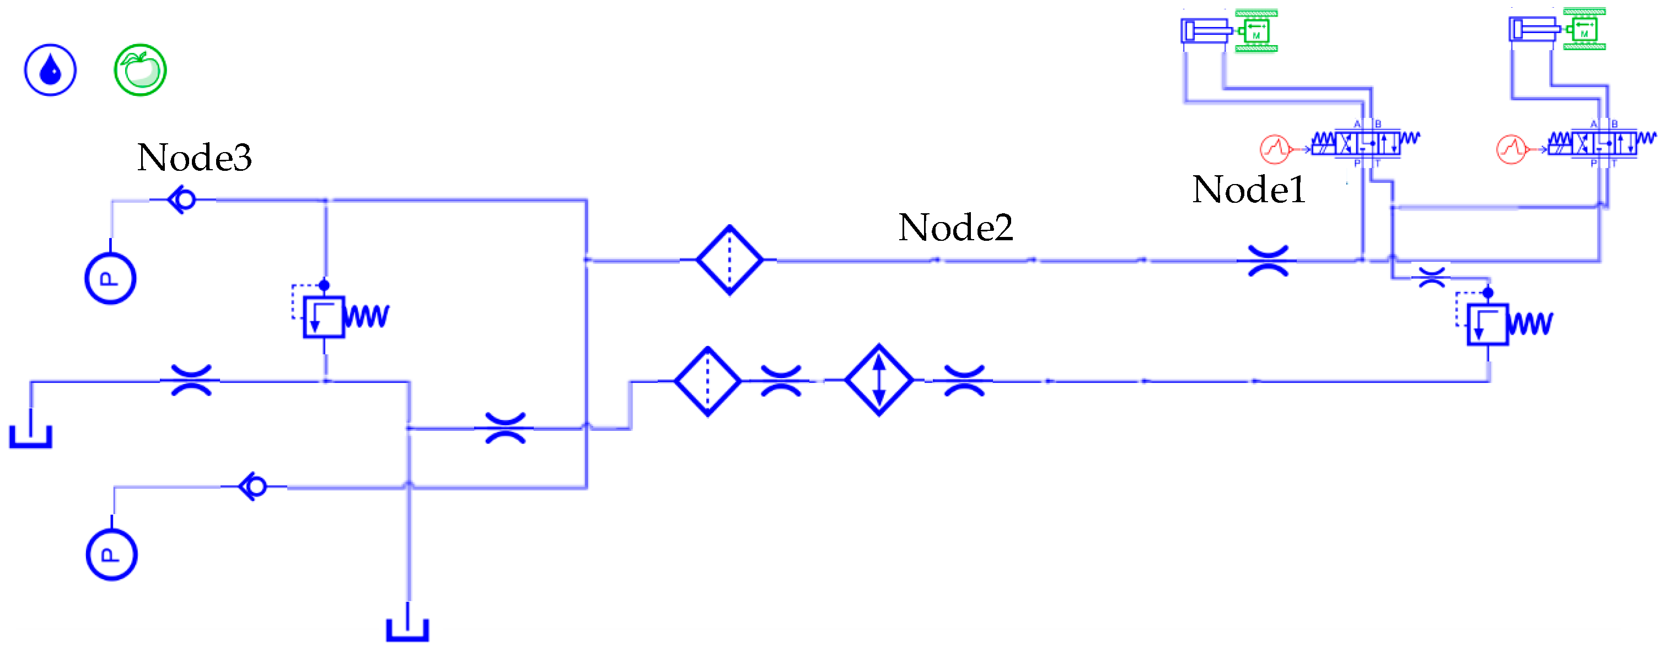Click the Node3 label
click(194, 157)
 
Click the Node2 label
click(955, 228)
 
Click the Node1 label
click(1248, 190)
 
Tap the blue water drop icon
click(50, 70)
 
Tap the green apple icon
click(140, 70)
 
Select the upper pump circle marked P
click(110, 278)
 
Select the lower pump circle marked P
click(111, 555)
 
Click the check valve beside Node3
click(182, 199)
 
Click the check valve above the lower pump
click(254, 487)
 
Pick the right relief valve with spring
click(1489, 325)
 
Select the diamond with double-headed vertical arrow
click(879, 380)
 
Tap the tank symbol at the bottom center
click(408, 629)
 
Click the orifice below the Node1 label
click(1268, 261)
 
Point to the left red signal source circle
click(1275, 149)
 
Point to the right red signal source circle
click(1511, 149)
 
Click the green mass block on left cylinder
click(1256, 31)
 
